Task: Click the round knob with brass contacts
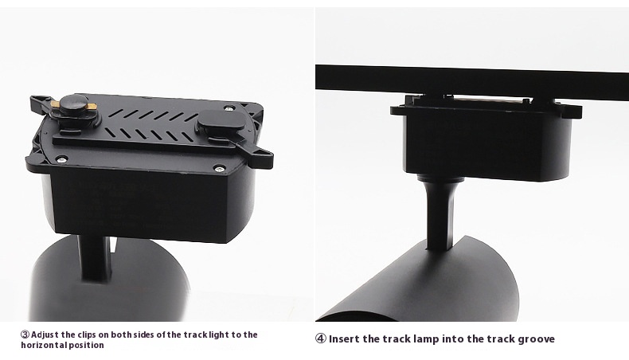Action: (75, 108)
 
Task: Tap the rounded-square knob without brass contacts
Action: (221, 124)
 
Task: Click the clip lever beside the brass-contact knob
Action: (40, 104)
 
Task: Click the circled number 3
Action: (25, 335)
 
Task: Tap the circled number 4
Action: (321, 338)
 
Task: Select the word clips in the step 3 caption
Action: (88, 335)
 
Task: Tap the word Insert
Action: (345, 339)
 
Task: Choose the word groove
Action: (537, 339)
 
